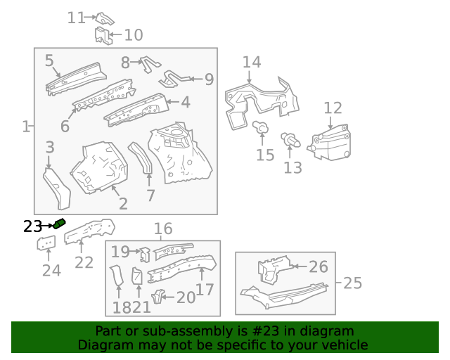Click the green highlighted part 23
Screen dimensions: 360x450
[59, 224]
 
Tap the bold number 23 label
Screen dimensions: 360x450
[32, 226]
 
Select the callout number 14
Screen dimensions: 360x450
[252, 62]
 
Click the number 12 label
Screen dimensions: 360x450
[333, 108]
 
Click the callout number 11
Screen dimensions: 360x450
[76, 18]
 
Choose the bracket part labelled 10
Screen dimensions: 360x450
[104, 34]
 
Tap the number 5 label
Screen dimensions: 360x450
[49, 60]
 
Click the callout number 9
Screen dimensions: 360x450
[209, 79]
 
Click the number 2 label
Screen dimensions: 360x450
[122, 204]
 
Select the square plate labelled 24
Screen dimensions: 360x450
[46, 244]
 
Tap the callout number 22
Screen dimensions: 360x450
[84, 262]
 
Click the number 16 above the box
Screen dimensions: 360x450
[162, 229]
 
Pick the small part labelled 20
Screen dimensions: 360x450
[159, 295]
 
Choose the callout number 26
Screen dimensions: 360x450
[319, 266]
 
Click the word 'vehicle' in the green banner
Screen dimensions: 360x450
[343, 345]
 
